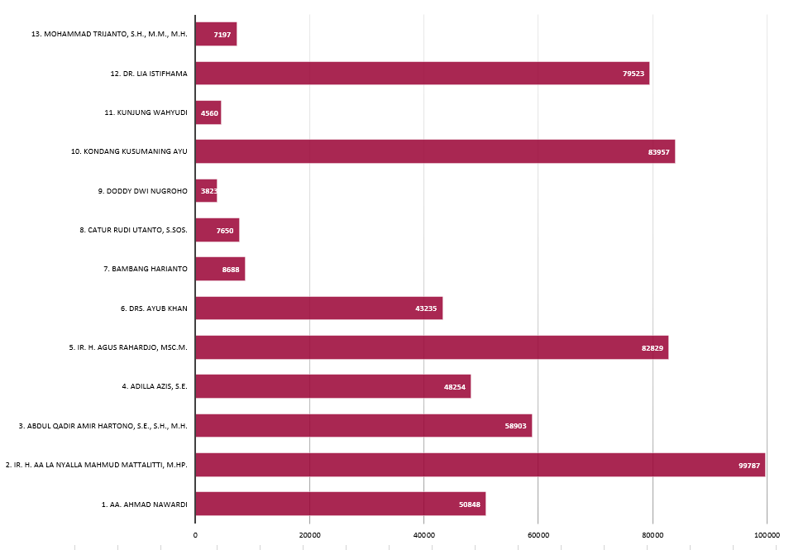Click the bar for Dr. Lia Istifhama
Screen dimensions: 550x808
(422, 73)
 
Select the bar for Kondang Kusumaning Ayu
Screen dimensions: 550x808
(435, 151)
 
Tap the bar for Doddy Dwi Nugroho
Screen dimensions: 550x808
(206, 191)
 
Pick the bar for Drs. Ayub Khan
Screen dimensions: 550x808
(318, 308)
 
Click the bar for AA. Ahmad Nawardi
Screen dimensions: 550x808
(340, 504)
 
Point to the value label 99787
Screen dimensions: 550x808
(749, 466)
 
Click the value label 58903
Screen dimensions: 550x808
(516, 426)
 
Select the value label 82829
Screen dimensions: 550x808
(653, 347)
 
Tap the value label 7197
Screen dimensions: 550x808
(222, 35)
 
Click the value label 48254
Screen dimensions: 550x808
(455, 386)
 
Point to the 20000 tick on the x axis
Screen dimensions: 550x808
(309, 535)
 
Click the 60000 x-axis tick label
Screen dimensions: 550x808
(538, 535)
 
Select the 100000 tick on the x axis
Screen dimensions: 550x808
(767, 535)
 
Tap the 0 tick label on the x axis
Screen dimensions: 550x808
(195, 535)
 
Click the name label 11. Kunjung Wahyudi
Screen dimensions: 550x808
(146, 112)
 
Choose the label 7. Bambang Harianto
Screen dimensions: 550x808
(146, 269)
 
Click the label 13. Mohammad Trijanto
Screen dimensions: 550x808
(109, 34)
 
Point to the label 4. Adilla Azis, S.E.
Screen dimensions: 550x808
(155, 386)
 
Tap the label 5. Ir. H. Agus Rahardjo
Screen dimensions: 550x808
(128, 347)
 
